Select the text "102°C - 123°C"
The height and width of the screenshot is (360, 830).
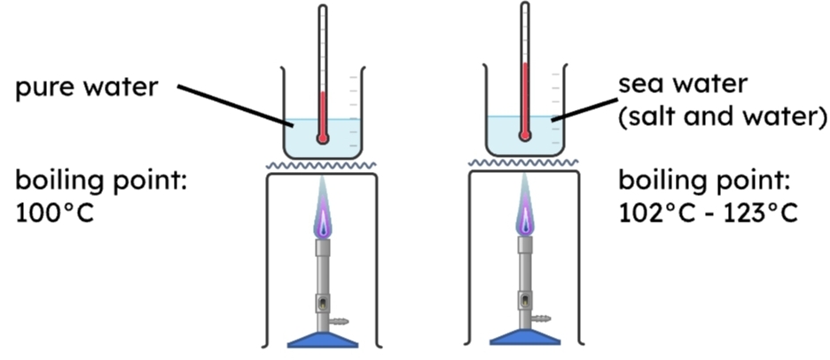click(x=709, y=214)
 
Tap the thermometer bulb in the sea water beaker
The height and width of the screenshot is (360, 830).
click(x=525, y=136)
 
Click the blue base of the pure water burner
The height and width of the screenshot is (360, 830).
click(x=322, y=338)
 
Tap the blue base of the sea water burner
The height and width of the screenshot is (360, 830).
click(x=525, y=338)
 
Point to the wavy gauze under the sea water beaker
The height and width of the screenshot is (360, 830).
click(x=525, y=163)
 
